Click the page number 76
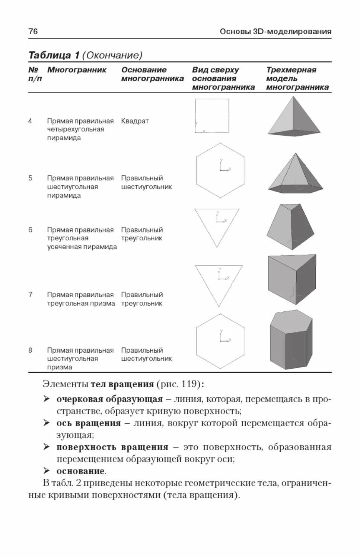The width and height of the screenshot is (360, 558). pyautogui.click(x=33, y=31)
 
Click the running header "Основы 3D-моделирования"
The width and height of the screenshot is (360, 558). pyautogui.click(x=275, y=32)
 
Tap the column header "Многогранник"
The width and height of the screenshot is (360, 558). pyautogui.click(x=77, y=70)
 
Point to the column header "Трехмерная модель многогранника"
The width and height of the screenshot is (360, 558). pyautogui.click(x=297, y=78)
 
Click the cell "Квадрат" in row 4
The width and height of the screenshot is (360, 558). pyautogui.click(x=135, y=121)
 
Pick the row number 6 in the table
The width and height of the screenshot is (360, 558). pyautogui.click(x=31, y=230)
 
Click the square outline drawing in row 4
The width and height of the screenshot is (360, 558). pyautogui.click(x=212, y=116)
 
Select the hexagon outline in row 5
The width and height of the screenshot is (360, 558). pyautogui.click(x=220, y=170)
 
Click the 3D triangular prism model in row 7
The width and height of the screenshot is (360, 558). pyautogui.click(x=292, y=279)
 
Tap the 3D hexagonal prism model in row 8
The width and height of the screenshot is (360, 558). pyautogui.click(x=291, y=339)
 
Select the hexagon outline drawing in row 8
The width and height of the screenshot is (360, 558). pyautogui.click(x=220, y=341)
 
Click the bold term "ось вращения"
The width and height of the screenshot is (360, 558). pyautogui.click(x=89, y=423)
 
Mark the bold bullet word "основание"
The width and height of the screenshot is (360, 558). pyautogui.click(x=80, y=471)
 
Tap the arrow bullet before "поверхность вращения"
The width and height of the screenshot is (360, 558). pyautogui.click(x=46, y=447)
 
